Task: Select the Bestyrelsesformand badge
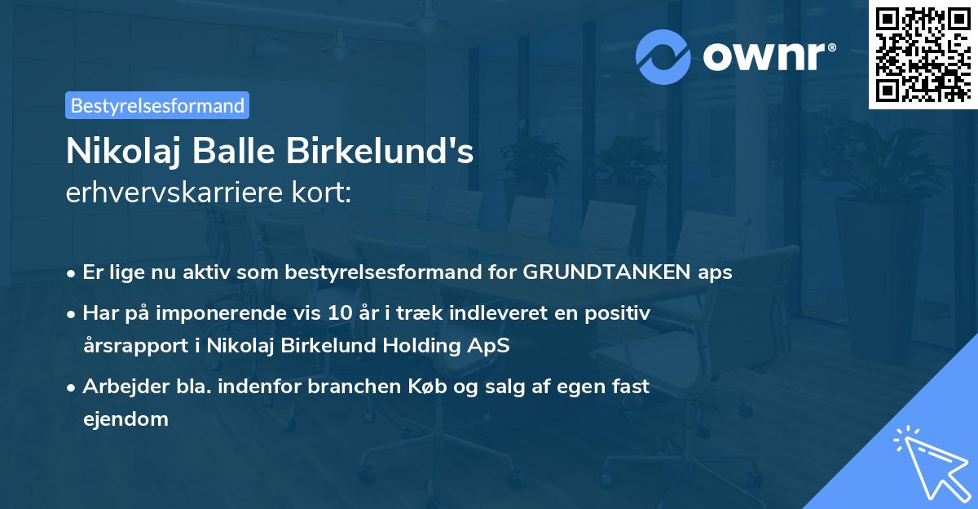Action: pyautogui.click(x=156, y=105)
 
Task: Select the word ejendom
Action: pyautogui.click(x=126, y=419)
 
